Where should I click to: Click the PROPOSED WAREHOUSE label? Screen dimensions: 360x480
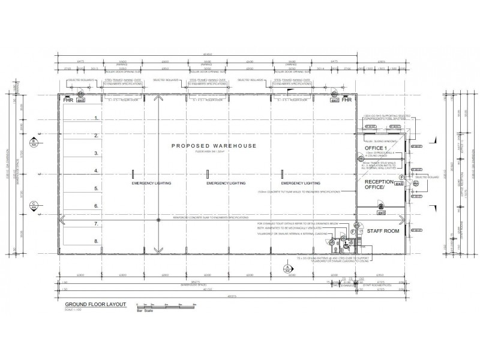pyautogui.click(x=214, y=146)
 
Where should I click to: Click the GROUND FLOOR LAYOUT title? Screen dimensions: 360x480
pyautogui.click(x=95, y=304)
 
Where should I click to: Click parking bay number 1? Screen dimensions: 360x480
pyautogui.click(x=95, y=119)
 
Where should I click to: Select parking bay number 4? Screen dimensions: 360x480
pyautogui.click(x=95, y=171)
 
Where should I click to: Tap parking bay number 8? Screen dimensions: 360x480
pyautogui.click(x=95, y=241)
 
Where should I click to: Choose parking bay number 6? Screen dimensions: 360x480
pyautogui.click(x=95, y=206)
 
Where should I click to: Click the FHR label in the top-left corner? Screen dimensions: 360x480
pyautogui.click(x=68, y=100)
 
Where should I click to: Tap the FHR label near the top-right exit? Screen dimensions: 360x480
pyautogui.click(x=347, y=100)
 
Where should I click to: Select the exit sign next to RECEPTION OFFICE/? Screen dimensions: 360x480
pyautogui.click(x=398, y=184)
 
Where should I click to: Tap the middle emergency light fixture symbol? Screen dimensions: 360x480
pyautogui.click(x=208, y=174)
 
